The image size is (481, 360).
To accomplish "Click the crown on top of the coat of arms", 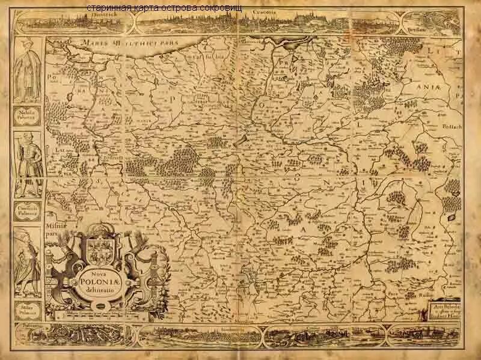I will pyautogui.click(x=98, y=229).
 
